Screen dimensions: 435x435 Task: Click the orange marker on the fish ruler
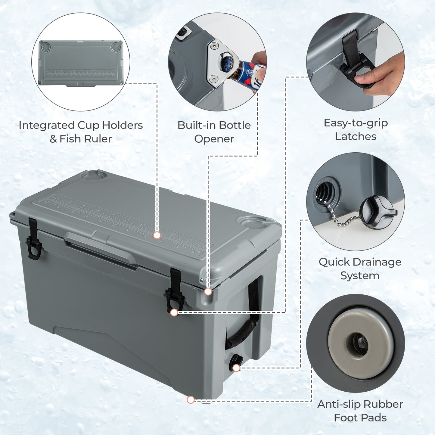[x=157, y=235]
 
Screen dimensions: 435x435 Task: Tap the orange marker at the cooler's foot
[x=191, y=400]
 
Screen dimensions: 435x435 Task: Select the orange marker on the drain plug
[x=236, y=368]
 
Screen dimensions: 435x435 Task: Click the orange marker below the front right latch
[x=174, y=312]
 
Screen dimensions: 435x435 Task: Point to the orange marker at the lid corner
[x=208, y=291]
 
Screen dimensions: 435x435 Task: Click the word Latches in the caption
[x=356, y=136]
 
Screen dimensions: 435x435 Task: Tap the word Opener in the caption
[x=214, y=139]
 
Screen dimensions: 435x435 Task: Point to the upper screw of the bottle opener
[x=214, y=45]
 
